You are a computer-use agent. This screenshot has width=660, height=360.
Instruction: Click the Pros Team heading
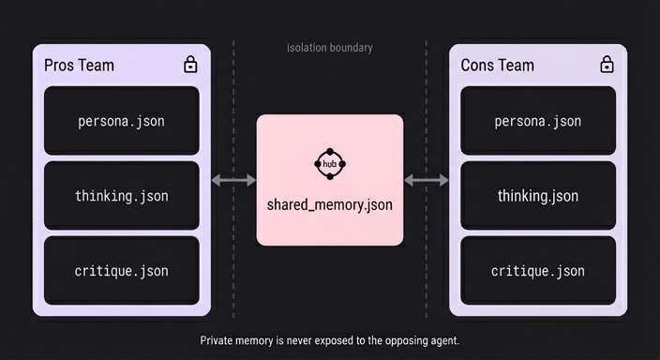point(79,66)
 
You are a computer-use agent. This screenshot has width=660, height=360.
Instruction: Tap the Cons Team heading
point(497,66)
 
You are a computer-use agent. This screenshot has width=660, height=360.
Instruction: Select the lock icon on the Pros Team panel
point(190,65)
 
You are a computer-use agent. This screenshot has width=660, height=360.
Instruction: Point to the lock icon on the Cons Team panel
point(607,65)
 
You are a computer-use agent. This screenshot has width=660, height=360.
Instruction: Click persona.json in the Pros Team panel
point(121,121)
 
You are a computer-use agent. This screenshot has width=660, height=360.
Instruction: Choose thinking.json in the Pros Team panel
point(121,196)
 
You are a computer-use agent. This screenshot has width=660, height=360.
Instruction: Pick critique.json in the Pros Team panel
point(121,271)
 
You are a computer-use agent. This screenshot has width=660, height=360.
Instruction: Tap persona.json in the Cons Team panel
point(537,121)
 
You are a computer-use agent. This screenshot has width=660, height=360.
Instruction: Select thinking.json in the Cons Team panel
point(537,196)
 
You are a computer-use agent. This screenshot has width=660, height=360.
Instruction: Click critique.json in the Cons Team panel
point(537,271)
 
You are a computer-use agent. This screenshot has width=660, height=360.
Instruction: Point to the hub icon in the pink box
point(330,164)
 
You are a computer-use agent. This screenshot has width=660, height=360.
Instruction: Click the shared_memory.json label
point(330,205)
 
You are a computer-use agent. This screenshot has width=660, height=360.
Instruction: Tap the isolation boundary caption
point(330,48)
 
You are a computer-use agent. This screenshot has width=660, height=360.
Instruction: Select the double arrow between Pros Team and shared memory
point(233,180)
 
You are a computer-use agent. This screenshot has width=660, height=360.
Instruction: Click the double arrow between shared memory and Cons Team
point(426,180)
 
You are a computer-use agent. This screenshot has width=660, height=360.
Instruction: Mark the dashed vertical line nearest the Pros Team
point(233,179)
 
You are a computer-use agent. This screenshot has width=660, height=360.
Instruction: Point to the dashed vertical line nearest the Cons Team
point(426,179)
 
